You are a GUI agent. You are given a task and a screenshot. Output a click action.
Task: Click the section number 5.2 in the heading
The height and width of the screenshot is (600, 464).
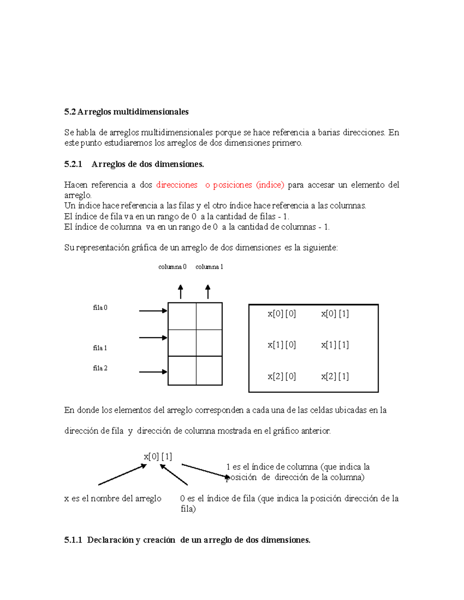point(70,112)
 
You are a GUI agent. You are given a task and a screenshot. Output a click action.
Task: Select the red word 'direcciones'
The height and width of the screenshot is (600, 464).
point(177,185)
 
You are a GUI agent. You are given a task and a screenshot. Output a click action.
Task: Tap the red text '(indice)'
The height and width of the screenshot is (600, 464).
point(270,185)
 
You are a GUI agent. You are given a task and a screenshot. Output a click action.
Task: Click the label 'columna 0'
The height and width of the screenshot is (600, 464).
point(172,267)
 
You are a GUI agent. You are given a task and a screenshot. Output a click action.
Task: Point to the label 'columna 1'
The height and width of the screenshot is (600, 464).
point(209,267)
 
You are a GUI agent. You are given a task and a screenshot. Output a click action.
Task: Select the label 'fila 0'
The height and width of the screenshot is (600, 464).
point(100,308)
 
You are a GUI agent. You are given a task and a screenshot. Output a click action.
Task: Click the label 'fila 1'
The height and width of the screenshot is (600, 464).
point(100,348)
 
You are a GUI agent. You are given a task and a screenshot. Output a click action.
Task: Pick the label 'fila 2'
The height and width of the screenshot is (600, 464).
point(100,368)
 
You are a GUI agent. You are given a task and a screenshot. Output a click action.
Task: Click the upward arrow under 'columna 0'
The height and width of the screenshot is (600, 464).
point(180,292)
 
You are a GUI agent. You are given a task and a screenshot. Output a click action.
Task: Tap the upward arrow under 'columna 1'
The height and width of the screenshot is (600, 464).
point(208,292)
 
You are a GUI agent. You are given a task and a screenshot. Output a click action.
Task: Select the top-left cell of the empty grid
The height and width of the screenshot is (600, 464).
point(182,316)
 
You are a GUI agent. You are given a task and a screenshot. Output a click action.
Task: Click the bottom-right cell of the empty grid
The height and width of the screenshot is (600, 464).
point(209,371)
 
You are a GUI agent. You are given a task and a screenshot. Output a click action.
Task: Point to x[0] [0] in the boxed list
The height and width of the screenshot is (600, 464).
point(281,314)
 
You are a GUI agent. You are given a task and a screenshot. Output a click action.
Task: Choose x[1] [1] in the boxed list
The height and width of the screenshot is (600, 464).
point(335,345)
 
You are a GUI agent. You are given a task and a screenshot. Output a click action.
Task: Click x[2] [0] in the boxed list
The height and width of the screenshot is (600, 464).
point(281,376)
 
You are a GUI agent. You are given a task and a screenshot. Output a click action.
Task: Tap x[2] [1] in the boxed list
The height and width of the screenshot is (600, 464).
point(335,376)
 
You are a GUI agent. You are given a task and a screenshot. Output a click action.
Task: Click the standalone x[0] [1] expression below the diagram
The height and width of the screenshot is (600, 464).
point(158,457)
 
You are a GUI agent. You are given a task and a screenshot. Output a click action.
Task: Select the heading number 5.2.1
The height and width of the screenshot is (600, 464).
point(73,164)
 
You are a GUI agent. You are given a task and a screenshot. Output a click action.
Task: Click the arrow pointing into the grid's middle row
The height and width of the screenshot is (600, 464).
point(153,338)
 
